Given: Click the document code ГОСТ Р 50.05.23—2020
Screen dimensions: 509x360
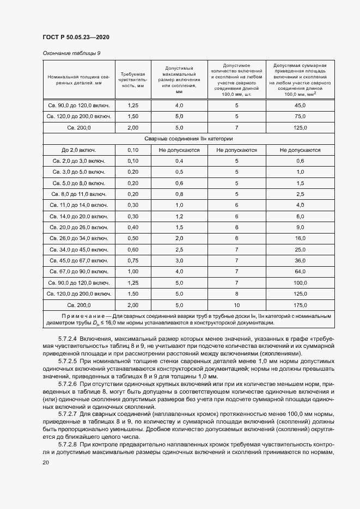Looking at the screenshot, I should coord(76,37).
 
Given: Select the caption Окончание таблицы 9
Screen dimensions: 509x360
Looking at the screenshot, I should coord(71,53).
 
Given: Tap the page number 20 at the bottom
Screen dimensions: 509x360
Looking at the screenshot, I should coord(46,462).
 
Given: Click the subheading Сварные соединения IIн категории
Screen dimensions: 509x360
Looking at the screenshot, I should coord(188,139).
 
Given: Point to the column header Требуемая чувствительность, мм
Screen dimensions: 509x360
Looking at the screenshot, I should coord(132,79).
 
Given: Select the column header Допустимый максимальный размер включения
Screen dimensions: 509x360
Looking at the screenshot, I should coord(179,79).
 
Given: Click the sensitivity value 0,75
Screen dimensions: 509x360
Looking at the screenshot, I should coord(132,260).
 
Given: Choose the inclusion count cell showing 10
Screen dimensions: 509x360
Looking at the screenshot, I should coord(237,305).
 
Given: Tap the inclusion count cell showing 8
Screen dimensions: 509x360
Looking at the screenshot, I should coord(237,293).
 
